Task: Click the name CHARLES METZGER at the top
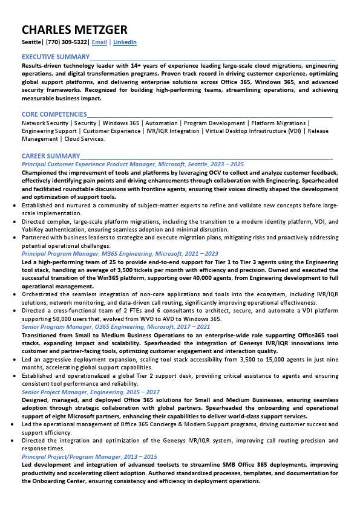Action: click(x=74, y=30)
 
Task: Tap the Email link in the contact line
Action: click(x=99, y=42)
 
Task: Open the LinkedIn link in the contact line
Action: click(x=125, y=42)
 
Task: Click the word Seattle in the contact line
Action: click(x=32, y=42)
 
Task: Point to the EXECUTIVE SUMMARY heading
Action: click(x=55, y=56)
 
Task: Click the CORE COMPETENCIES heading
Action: click(x=54, y=114)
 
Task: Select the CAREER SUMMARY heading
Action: click(x=51, y=156)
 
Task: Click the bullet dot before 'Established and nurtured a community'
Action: click(x=15, y=206)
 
